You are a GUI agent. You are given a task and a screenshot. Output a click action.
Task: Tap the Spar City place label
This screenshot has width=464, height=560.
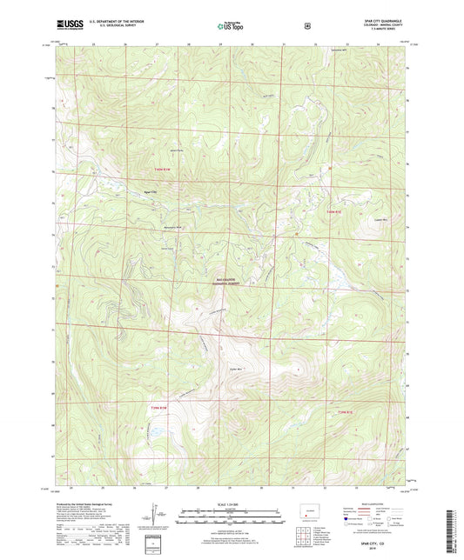150,192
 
